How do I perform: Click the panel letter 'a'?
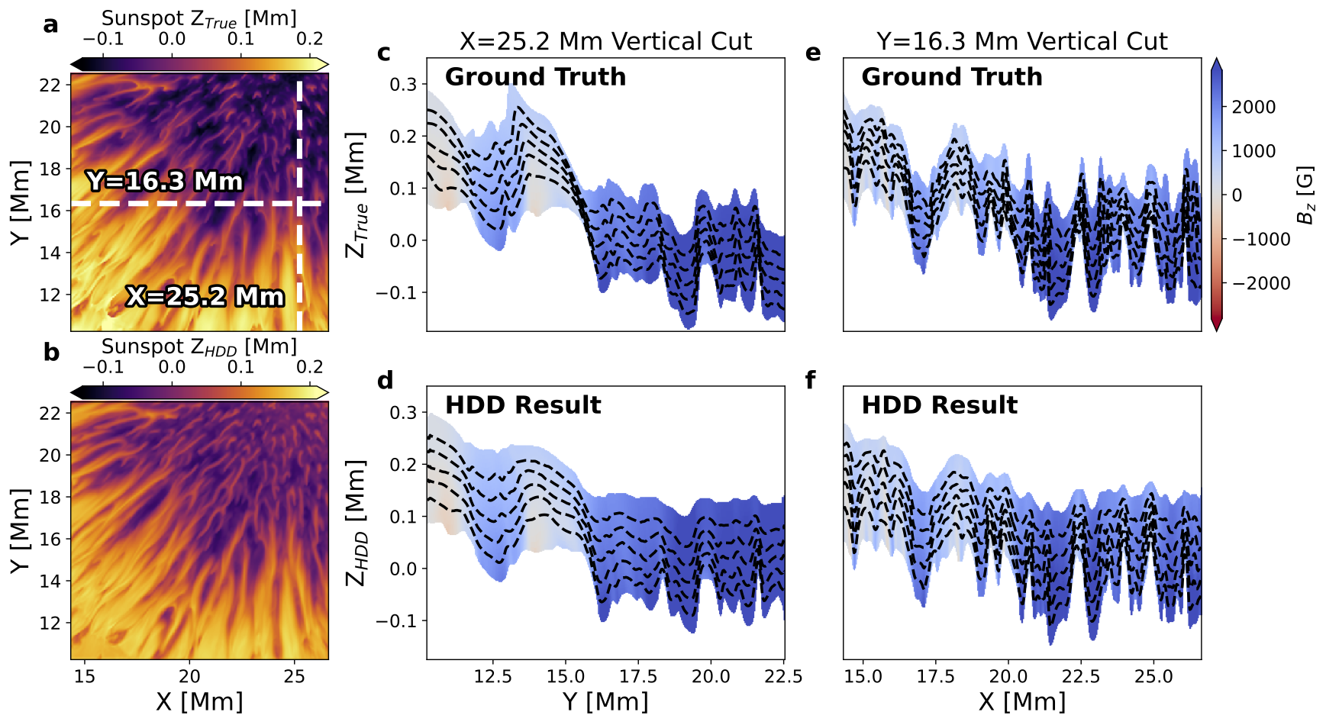coord(50,25)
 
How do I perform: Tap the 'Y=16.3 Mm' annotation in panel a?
coord(164,182)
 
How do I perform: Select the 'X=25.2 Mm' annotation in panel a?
coord(205,296)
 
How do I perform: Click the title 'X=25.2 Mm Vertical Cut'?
coord(605,41)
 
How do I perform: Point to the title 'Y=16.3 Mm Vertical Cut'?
coord(1021,41)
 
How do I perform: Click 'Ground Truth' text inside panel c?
coord(535,77)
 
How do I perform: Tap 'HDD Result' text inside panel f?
coord(939,405)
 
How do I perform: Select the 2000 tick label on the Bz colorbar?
coord(1253,107)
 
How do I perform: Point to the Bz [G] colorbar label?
coord(1306,195)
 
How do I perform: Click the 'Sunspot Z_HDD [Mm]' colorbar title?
coord(198,346)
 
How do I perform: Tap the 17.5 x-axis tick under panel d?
coord(638,676)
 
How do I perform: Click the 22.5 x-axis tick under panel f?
coord(1081,676)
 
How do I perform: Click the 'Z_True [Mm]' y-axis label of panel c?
coord(357,195)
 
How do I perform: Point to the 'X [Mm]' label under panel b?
coord(199,701)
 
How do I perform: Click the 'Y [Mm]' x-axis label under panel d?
coord(605,701)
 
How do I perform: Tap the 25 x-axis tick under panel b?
coord(294,676)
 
